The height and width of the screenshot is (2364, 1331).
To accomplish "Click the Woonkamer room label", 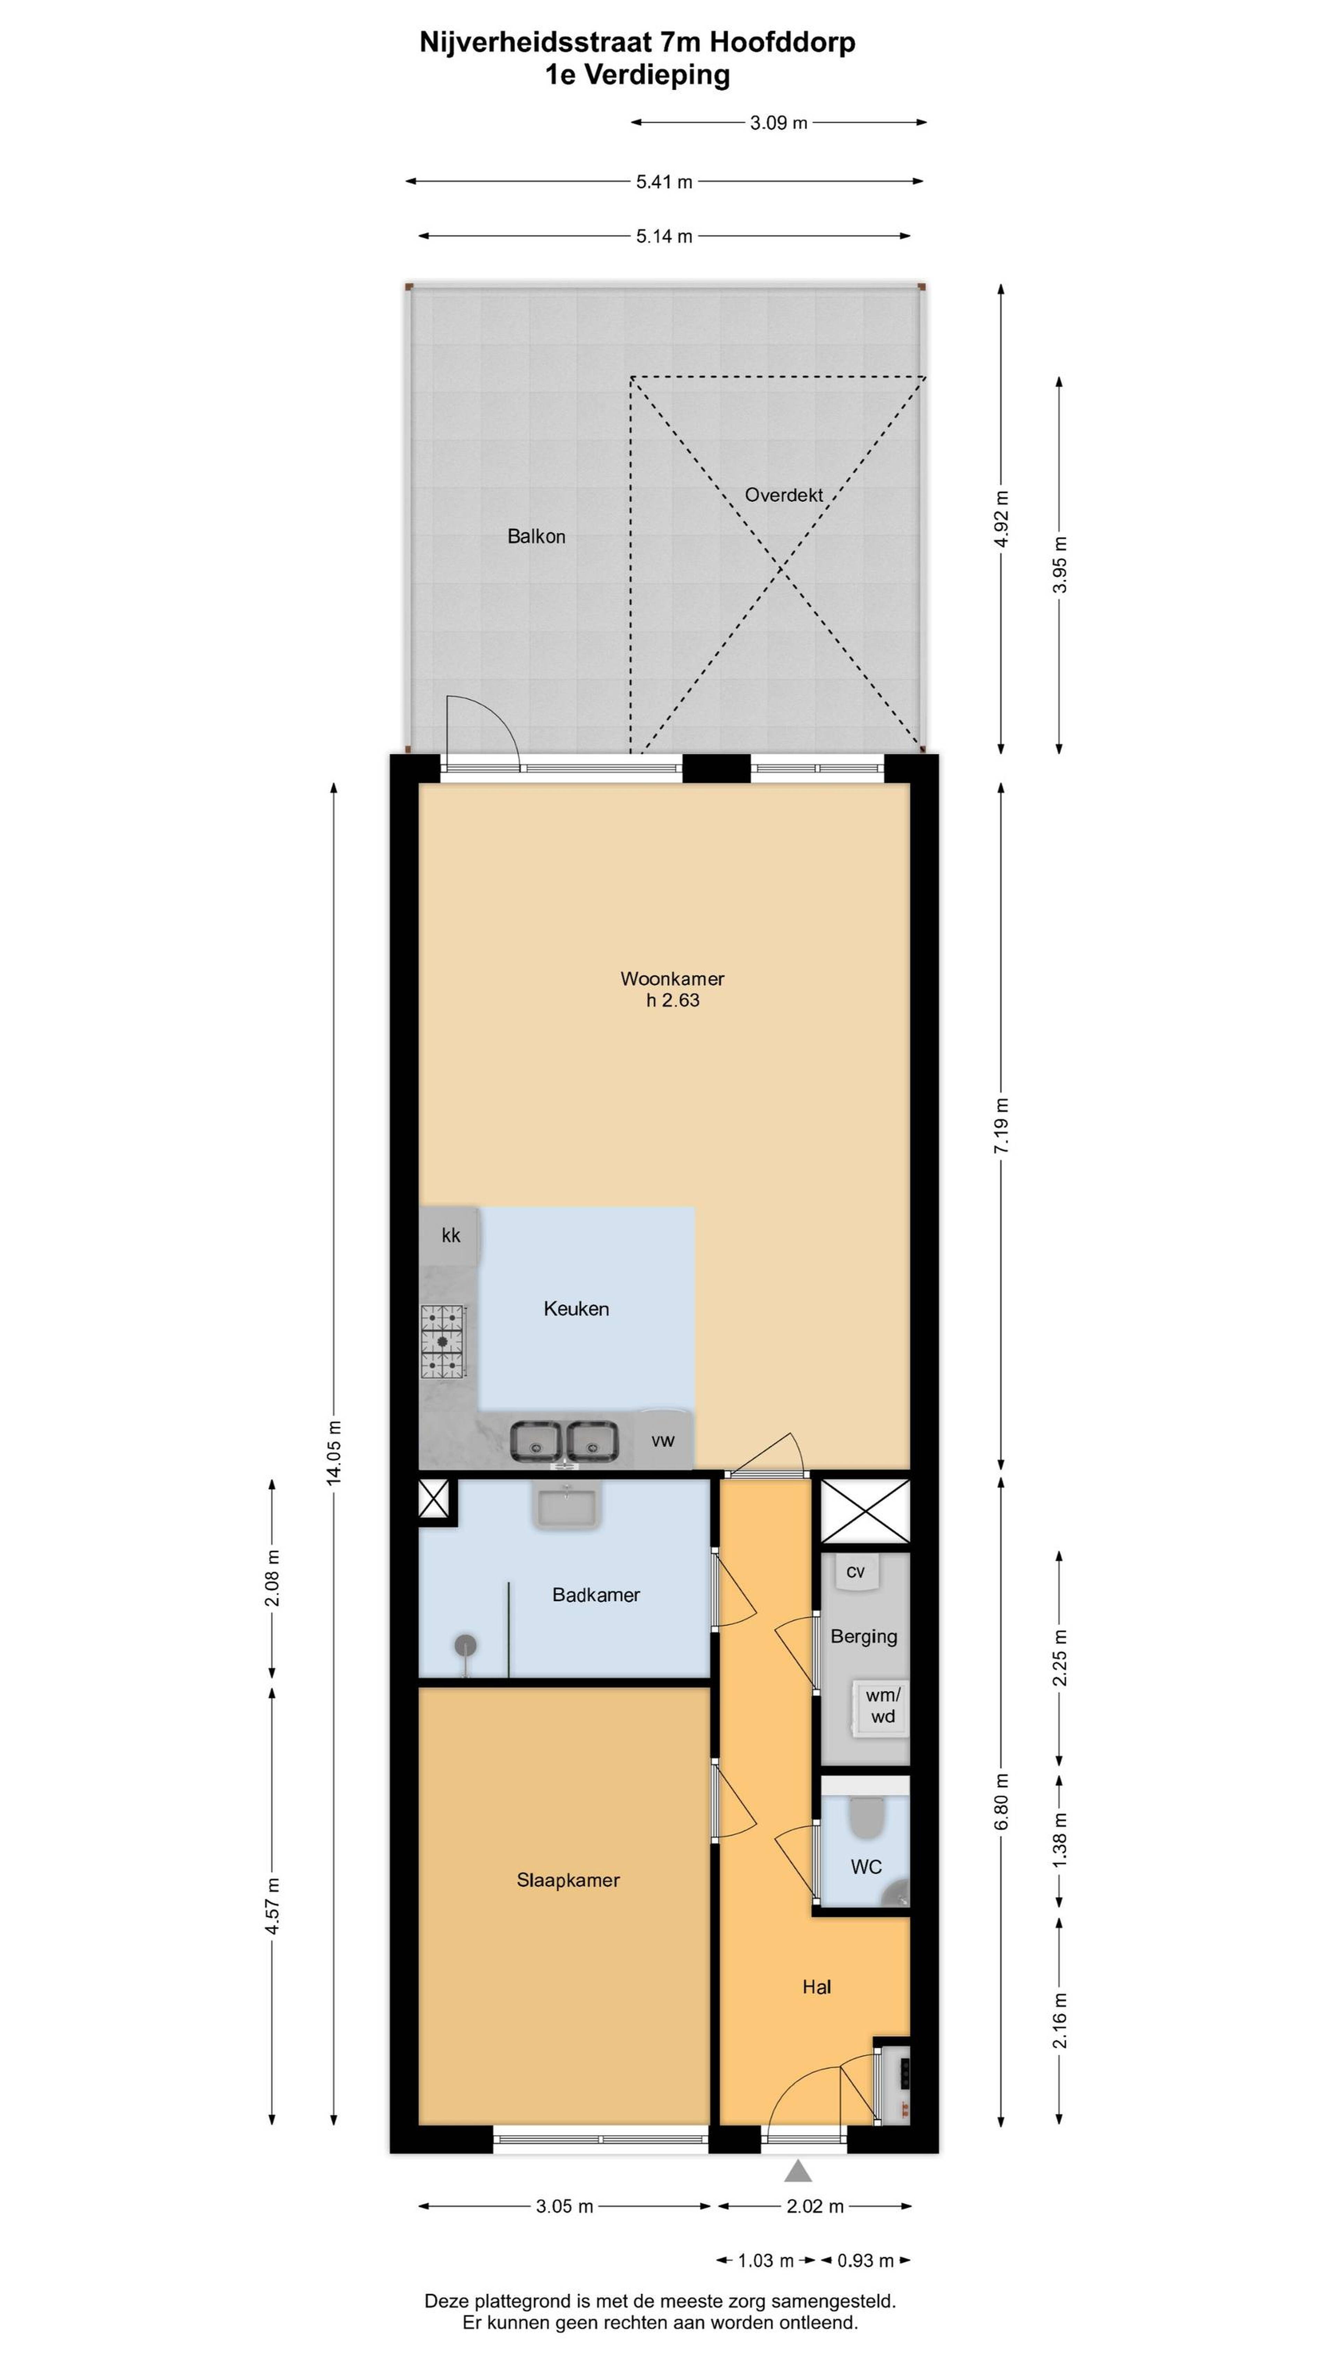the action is point(672,978).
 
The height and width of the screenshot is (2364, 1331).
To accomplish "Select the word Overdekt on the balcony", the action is point(783,495).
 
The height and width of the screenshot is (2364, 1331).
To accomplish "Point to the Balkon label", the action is point(536,536).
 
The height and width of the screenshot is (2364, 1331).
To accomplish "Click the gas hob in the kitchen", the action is point(444,1341).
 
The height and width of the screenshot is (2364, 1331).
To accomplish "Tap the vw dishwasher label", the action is point(663,1440).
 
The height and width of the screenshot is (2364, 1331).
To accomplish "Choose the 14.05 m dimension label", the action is point(334,1452).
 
